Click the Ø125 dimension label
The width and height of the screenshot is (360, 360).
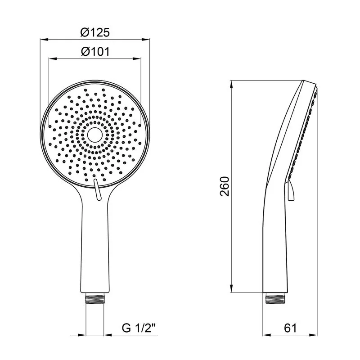pyautogui.click(x=95, y=32)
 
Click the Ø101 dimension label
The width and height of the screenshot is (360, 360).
pyautogui.click(x=95, y=51)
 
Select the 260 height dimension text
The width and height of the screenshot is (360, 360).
pyautogui.click(x=225, y=186)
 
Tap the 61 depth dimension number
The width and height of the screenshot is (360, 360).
pyautogui.click(x=291, y=328)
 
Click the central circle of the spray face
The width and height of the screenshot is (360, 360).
pyautogui.click(x=94, y=134)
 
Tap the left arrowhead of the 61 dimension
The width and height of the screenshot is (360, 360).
pyautogui.click(x=265, y=335)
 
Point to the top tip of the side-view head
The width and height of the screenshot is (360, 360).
pyautogui.click(x=310, y=81)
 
